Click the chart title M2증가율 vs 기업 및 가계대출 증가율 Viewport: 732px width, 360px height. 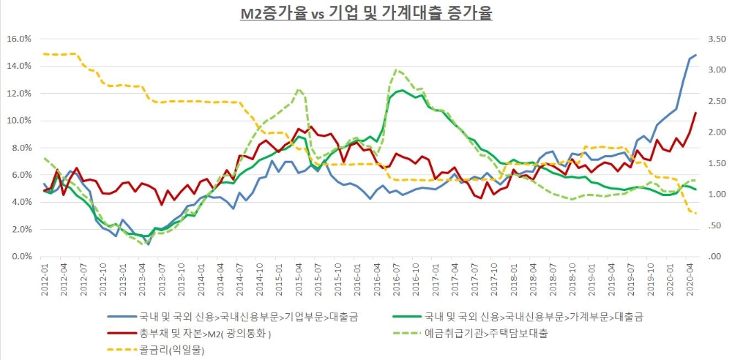366,12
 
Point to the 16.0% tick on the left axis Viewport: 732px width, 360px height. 19,38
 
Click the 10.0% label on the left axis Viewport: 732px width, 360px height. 19,120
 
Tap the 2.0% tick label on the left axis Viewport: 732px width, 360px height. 20,229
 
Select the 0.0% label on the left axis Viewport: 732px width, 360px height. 20,257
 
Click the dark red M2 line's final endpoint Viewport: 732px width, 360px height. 695,113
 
